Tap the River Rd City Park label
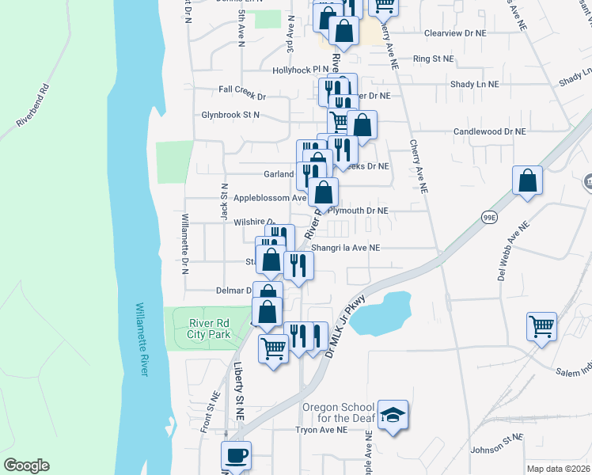[209, 329]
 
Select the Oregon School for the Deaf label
[336, 414]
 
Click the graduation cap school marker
[393, 416]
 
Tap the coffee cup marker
[236, 456]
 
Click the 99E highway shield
[490, 216]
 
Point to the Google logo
[26, 465]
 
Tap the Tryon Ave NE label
[321, 430]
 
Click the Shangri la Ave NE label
[346, 248]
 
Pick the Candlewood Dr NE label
[489, 131]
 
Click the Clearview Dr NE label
[454, 34]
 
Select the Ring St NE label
[434, 59]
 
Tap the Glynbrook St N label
[230, 115]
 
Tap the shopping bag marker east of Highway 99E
[527, 181]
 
